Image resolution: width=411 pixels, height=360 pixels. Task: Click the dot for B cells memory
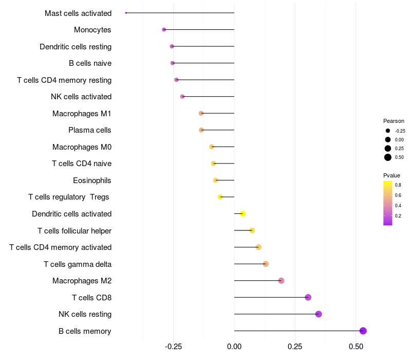(363, 331)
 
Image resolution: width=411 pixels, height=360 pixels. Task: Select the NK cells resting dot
(319, 314)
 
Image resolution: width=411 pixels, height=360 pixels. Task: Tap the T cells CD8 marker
(308, 297)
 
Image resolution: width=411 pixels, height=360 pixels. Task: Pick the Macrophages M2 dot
(281, 280)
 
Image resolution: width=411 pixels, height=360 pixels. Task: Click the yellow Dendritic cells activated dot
(242, 213)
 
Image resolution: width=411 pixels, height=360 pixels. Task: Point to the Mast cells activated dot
(126, 13)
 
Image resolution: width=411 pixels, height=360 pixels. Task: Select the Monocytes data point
(164, 30)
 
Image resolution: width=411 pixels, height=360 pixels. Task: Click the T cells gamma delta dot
(266, 264)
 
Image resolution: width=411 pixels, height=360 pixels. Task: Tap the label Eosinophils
(92, 181)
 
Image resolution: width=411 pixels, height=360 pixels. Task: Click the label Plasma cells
(89, 130)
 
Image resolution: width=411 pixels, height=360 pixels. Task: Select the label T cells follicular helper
(74, 231)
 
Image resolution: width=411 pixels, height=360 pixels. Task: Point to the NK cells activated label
(81, 97)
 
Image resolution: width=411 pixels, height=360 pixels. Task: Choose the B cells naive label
(90, 63)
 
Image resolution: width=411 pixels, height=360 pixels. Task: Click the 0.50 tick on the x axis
(356, 347)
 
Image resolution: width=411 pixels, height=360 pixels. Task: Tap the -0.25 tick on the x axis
(173, 347)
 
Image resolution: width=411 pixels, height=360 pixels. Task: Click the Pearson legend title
(394, 121)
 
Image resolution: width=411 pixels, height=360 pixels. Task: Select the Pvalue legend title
(391, 175)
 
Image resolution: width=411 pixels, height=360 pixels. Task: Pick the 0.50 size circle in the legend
(388, 157)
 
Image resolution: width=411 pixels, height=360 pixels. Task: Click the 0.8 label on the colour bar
(398, 185)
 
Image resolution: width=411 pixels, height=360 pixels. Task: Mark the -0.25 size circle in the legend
(388, 131)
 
